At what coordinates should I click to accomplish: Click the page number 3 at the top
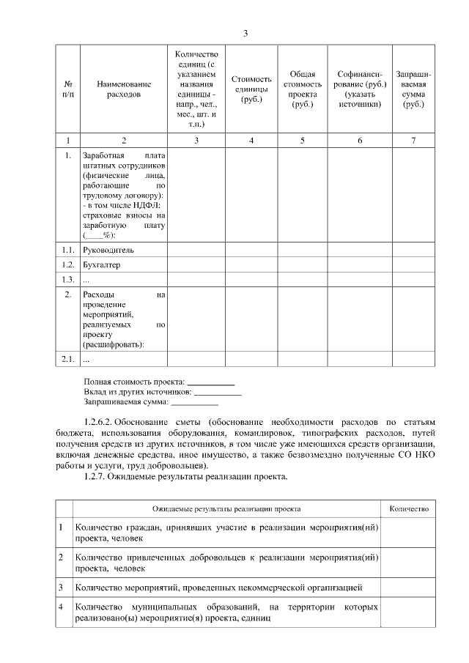[245, 33]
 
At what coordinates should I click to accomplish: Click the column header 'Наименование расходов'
[123, 89]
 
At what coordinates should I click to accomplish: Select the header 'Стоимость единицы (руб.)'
[251, 89]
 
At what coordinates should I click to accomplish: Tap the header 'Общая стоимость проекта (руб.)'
[302, 89]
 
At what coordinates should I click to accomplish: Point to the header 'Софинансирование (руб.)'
[360, 89]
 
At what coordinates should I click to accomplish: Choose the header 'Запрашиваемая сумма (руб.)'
[413, 89]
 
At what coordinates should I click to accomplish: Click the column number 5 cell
[302, 140]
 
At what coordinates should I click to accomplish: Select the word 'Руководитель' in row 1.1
[108, 250]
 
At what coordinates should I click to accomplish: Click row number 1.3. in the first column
[68, 279]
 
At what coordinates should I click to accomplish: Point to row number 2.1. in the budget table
[68, 359]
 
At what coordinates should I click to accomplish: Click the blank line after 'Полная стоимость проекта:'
[211, 382]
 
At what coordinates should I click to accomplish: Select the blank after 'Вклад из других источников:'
[217, 393]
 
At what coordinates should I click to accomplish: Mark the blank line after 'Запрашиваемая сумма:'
[194, 402]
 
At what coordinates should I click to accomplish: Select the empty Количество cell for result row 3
[409, 588]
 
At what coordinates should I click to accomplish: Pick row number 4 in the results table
[61, 607]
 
